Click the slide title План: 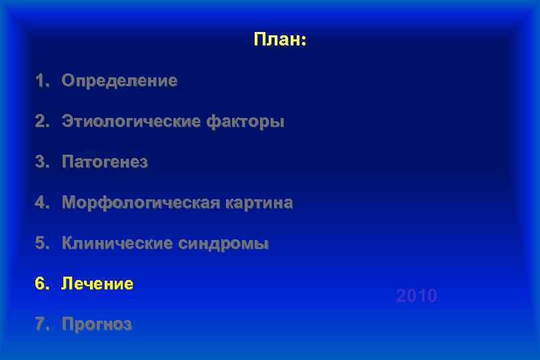click(x=279, y=40)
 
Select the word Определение click(x=119, y=81)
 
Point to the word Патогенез click(x=105, y=163)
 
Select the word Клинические click(x=117, y=244)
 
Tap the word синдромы click(x=223, y=244)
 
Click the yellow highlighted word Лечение click(x=97, y=284)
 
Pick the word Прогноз click(x=97, y=325)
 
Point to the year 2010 click(x=417, y=296)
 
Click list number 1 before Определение click(x=41, y=81)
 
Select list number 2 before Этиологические click(x=41, y=122)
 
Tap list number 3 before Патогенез click(x=41, y=163)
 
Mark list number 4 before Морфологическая click(x=41, y=203)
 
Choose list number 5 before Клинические click(x=41, y=244)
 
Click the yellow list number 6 click(x=41, y=284)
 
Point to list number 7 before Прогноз click(x=41, y=325)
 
